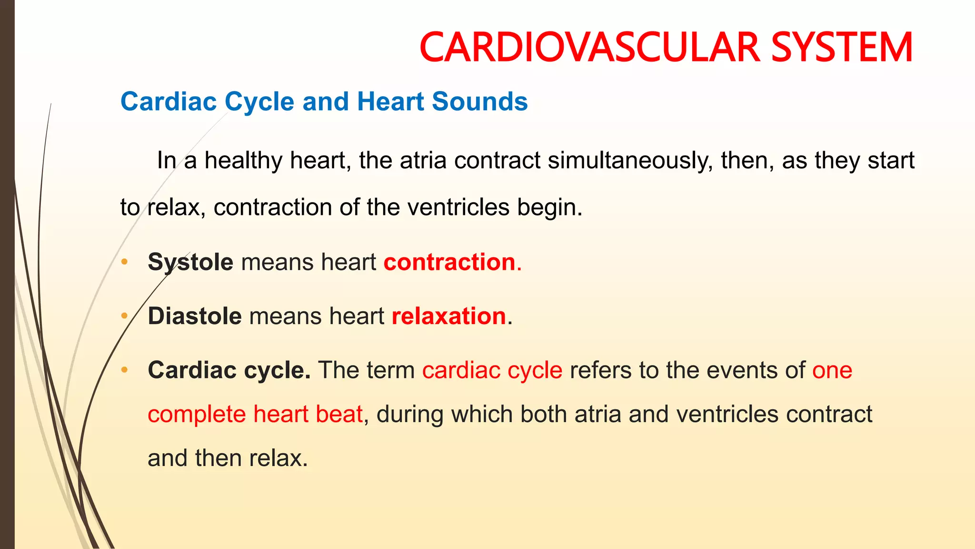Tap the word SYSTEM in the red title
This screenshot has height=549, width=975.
[x=842, y=47]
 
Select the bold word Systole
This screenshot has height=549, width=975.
[x=190, y=262]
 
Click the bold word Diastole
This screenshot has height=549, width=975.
[x=195, y=316]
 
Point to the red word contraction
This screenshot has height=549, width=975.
[x=449, y=262]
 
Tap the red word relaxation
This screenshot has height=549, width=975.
[x=448, y=316]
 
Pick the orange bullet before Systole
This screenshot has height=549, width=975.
[x=124, y=262]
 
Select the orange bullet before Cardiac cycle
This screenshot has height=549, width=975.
[x=124, y=369]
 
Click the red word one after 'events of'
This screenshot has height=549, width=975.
[x=832, y=370]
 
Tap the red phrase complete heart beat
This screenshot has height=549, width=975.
[x=255, y=414]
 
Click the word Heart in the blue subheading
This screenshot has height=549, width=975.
[x=390, y=102]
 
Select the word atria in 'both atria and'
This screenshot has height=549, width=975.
[x=597, y=414]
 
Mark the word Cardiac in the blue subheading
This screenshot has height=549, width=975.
[x=169, y=102]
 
